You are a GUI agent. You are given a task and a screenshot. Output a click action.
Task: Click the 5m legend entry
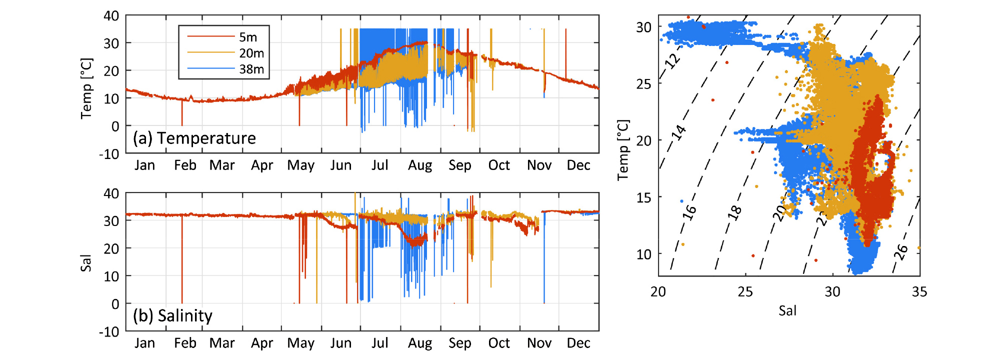click(248, 37)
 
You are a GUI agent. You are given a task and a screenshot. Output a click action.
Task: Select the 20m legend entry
click(251, 53)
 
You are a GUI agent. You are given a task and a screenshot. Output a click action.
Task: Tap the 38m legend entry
click(251, 69)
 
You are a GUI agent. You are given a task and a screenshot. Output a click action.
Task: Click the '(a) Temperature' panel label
click(194, 138)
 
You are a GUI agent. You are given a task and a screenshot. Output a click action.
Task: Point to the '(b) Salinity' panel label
click(172, 315)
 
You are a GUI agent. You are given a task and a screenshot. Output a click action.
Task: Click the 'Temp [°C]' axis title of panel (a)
click(86, 88)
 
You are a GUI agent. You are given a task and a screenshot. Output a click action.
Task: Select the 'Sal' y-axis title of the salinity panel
click(86, 263)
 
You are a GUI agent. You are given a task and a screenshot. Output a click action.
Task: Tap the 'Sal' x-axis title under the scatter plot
click(787, 311)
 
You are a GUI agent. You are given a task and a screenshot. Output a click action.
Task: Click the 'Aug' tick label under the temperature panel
click(420, 165)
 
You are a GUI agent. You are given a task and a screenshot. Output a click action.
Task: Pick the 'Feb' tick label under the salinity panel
click(185, 343)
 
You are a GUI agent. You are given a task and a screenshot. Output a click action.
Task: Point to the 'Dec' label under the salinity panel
click(578, 343)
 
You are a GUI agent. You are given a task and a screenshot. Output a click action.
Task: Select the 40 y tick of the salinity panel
click(111, 193)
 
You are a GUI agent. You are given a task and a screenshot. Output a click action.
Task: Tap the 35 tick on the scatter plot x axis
click(919, 292)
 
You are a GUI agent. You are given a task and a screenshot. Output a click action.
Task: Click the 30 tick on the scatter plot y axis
click(644, 27)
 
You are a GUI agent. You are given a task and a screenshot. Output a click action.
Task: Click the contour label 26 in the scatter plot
click(900, 251)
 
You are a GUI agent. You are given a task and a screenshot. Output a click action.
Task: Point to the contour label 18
click(734, 212)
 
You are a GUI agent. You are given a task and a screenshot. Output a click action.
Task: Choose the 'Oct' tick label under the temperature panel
click(499, 165)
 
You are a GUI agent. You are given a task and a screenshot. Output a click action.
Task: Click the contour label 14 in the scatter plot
click(678, 132)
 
